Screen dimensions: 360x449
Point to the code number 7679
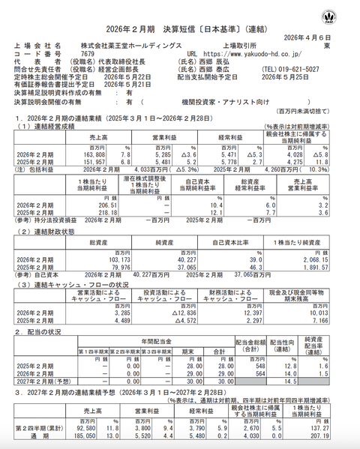tap(87, 54)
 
